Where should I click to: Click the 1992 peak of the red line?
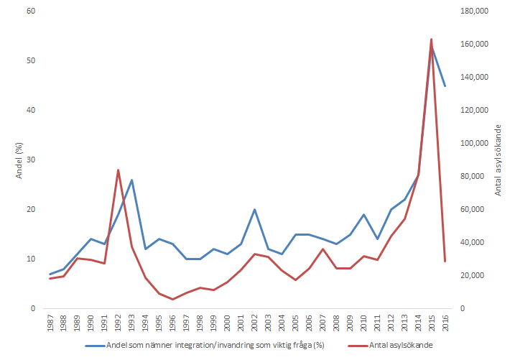point(118,170)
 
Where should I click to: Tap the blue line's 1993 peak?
point(131,180)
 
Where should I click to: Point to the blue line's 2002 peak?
point(254,210)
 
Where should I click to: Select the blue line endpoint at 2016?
point(445,86)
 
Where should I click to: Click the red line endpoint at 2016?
point(445,262)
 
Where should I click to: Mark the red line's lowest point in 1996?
point(172,299)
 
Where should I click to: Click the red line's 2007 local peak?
point(323,249)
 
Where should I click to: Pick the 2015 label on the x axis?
point(432,325)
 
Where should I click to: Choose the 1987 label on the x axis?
point(50,325)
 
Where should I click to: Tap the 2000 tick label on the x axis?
point(228,325)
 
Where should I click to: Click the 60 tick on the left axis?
point(30,11)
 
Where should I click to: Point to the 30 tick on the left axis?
point(30,160)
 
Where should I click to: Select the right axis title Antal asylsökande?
point(498,160)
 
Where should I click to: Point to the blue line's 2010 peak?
point(363,215)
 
